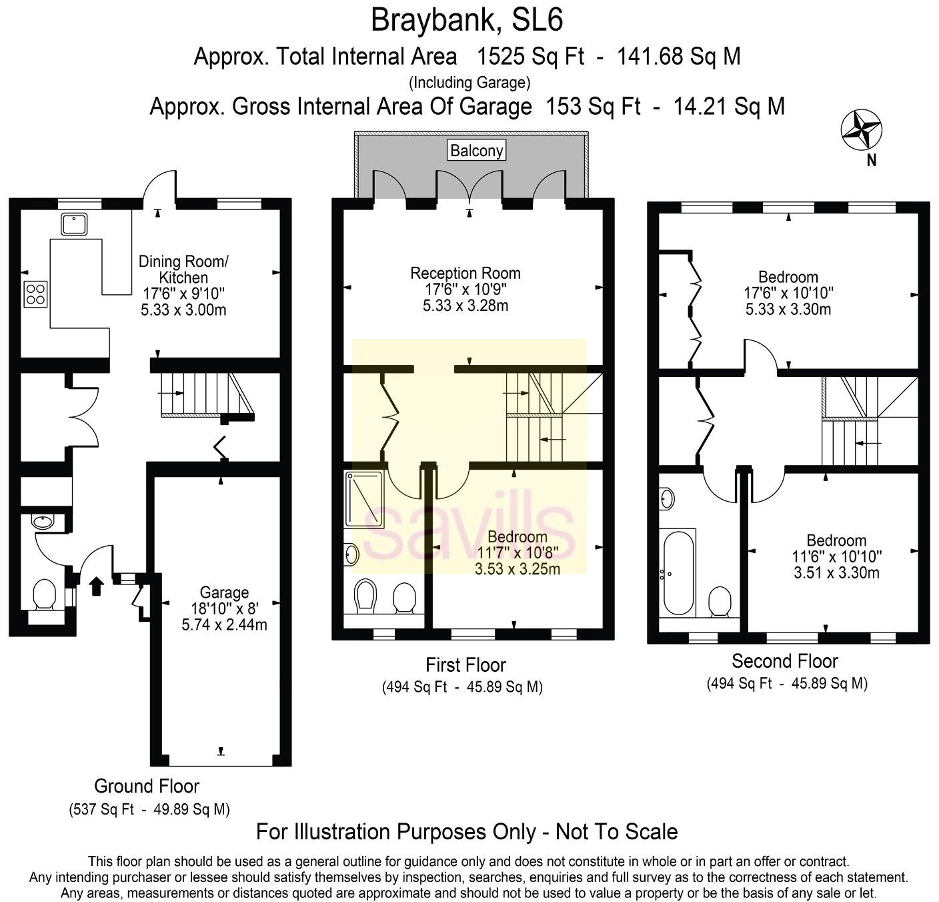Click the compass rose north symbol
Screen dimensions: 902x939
click(861, 130)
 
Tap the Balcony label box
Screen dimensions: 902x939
click(476, 150)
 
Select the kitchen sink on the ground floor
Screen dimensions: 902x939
click(74, 224)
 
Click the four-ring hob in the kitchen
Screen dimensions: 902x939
click(36, 294)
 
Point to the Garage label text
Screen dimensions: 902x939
click(224, 592)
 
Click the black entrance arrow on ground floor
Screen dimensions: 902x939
click(97, 586)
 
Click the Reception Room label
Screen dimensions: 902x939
click(465, 273)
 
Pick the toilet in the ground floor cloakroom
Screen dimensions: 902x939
click(45, 594)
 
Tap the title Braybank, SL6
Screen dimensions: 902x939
click(467, 19)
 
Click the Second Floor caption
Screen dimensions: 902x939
click(784, 661)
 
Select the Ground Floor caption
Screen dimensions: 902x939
click(146, 786)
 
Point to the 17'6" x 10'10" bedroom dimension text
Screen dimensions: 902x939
click(788, 293)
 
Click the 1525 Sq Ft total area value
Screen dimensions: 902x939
click(530, 57)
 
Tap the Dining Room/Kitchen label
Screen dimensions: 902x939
click(183, 269)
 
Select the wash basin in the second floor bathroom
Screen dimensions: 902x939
click(667, 498)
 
